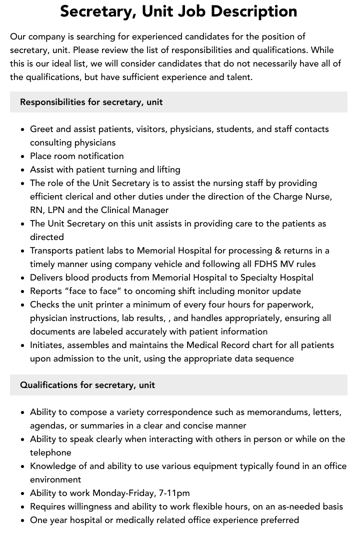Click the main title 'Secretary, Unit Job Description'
[x=178, y=11]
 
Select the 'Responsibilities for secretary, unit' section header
[x=91, y=102]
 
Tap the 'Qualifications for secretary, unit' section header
[x=87, y=385]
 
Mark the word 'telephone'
[x=50, y=452]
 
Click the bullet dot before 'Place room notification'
[x=23, y=156]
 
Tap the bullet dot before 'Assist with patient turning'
[x=23, y=170]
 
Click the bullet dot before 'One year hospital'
[x=23, y=520]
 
